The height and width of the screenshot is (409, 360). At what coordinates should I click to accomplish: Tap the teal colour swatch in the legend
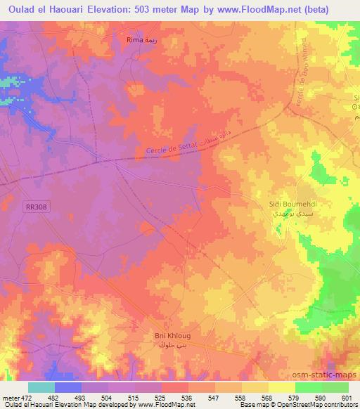pos(41,387)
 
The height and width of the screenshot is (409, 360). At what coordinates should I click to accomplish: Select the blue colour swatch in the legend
pos(68,387)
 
